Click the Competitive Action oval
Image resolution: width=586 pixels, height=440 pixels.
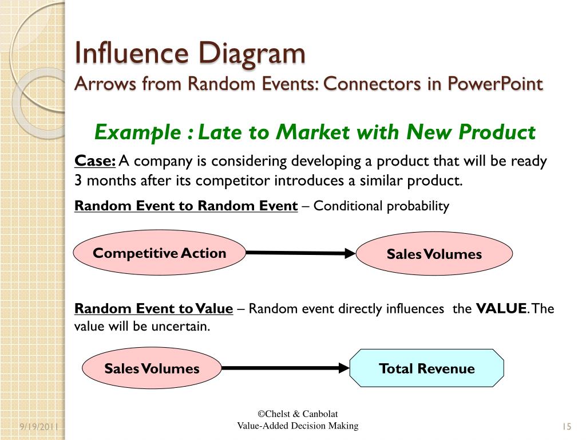click(160, 253)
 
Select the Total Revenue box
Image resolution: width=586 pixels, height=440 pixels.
click(426, 368)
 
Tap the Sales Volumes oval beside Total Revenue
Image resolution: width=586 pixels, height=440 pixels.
click(152, 368)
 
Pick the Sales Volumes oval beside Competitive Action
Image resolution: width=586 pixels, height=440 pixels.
click(434, 254)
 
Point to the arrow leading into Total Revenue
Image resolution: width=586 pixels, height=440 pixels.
click(285, 368)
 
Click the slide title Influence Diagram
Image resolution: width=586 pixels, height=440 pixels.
click(191, 54)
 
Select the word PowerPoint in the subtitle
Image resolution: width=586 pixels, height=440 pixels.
click(495, 84)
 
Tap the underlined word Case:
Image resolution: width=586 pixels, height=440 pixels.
click(95, 161)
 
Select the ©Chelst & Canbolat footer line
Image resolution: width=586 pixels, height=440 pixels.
click(298, 414)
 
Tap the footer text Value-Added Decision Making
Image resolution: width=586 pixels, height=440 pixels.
click(298, 425)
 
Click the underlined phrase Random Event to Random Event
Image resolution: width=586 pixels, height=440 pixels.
click(186, 206)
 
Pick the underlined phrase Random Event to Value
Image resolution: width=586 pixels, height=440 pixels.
click(153, 309)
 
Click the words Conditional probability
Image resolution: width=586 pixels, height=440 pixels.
click(381, 206)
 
